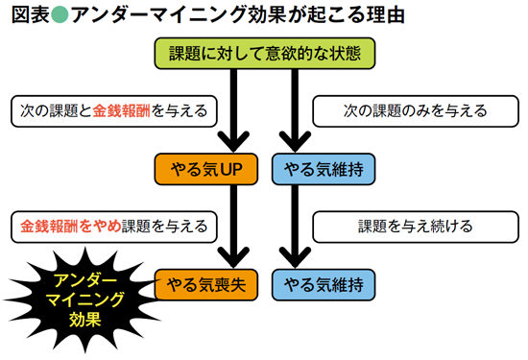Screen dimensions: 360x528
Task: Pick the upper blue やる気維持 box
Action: [x=323, y=170]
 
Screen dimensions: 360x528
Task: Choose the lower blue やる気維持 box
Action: [x=323, y=285]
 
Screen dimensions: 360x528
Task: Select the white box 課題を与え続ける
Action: [x=407, y=227]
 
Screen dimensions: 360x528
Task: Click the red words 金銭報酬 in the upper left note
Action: [x=126, y=111]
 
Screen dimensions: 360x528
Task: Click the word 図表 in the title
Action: [x=27, y=16]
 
